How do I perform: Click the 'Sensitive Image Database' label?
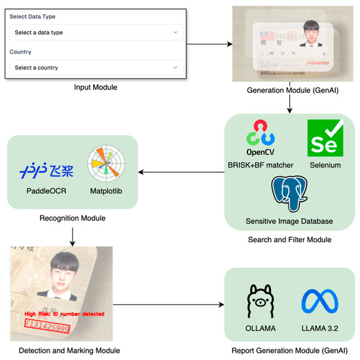(x=289, y=221)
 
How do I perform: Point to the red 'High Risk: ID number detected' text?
(x=63, y=314)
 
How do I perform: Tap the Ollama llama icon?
(x=261, y=302)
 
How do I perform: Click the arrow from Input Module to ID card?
(x=209, y=45)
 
